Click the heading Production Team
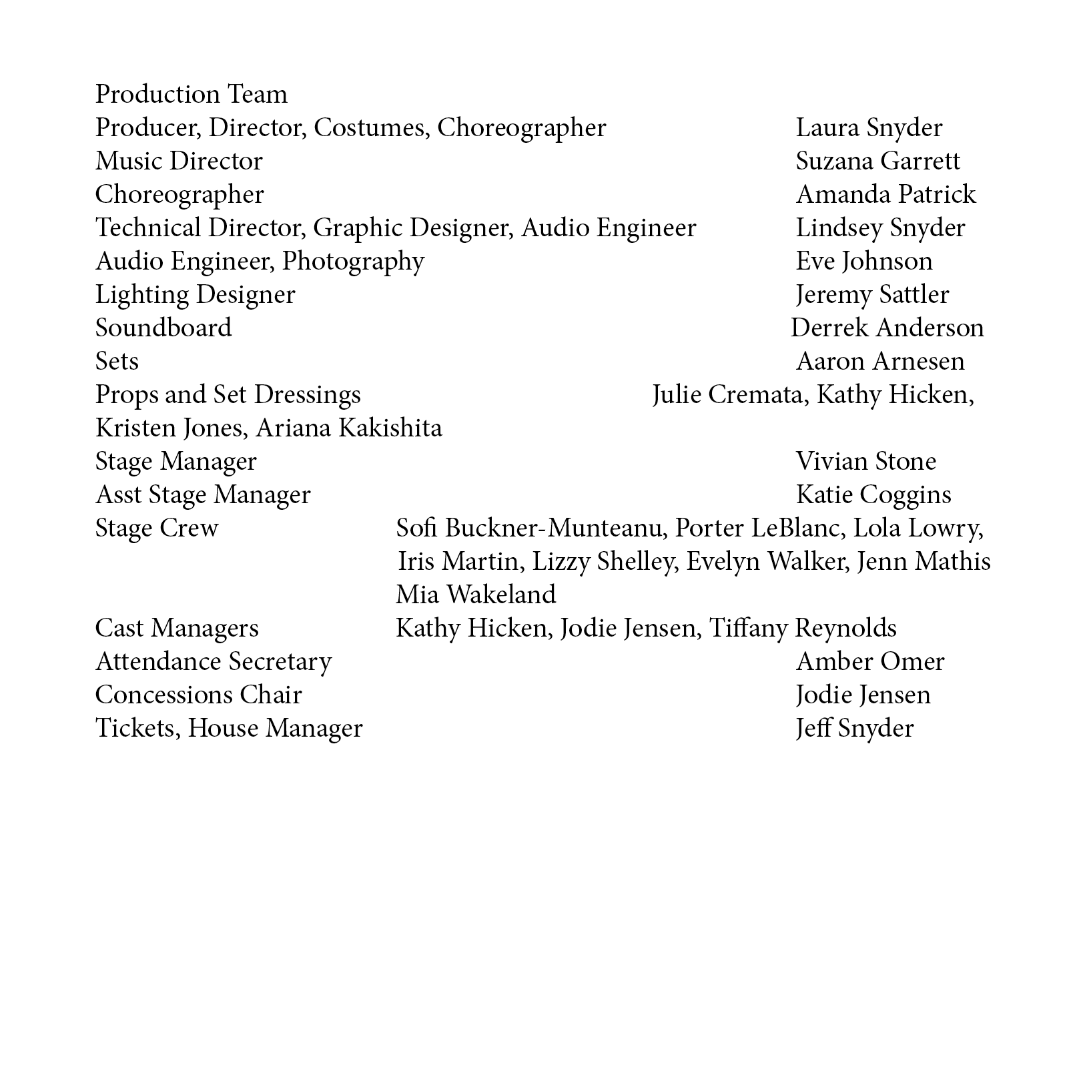191,95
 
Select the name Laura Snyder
869,128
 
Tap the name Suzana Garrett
877,161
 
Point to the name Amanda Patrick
885,195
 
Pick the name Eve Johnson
863,262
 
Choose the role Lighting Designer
195,295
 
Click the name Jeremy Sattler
872,295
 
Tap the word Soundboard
163,328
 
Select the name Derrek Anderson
887,328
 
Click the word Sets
117,362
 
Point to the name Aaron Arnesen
880,362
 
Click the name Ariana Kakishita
348,428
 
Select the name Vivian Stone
865,462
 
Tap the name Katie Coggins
873,495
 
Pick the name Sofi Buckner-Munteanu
531,528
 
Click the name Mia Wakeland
475,595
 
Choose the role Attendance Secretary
213,662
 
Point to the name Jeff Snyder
854,729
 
